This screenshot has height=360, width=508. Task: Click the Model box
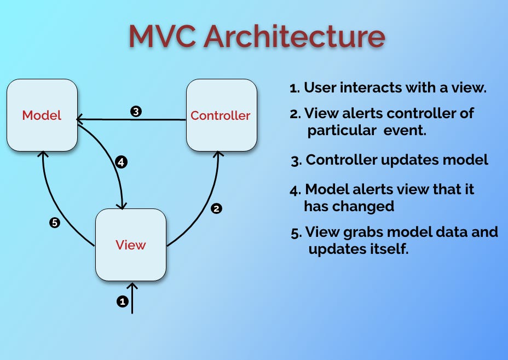[42, 115]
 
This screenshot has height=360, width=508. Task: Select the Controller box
[221, 115]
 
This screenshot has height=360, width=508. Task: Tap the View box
[131, 245]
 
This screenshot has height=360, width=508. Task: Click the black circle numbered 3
[136, 111]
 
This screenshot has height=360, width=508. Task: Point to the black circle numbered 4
[122, 162]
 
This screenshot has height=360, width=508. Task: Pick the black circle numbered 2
[216, 208]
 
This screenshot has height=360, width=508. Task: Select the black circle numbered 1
[122, 301]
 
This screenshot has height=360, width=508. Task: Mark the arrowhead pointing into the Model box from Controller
[79, 118]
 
